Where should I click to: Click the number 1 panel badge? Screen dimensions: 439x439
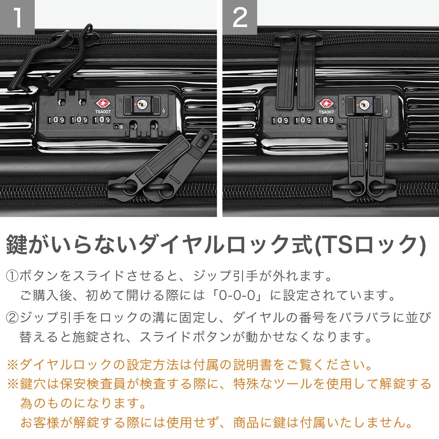pyautogui.click(x=17, y=17)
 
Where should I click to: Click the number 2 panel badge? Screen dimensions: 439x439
pyautogui.click(x=240, y=17)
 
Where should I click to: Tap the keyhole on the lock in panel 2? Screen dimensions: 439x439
pyautogui.click(x=364, y=105)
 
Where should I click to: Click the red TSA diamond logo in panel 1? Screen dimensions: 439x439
pyautogui.click(x=103, y=103)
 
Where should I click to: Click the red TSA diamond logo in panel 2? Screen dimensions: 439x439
pyautogui.click(x=326, y=103)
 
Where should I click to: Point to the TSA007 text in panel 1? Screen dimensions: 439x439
pyautogui.click(x=103, y=112)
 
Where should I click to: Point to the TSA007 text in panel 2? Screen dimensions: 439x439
pyautogui.click(x=326, y=112)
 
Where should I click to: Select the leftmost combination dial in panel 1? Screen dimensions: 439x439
pyautogui.click(x=56, y=120)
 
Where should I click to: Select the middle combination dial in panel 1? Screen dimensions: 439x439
pyautogui.click(x=79, y=120)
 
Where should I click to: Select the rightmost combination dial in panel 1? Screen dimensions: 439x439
pyautogui.click(x=102, y=120)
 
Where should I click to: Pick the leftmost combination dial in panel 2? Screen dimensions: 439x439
pyautogui.click(x=280, y=121)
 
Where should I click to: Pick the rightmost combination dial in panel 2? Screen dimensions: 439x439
pyautogui.click(x=325, y=121)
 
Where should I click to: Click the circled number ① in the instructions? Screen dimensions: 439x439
pyautogui.click(x=12, y=276)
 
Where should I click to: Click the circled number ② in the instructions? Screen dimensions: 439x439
pyautogui.click(x=12, y=318)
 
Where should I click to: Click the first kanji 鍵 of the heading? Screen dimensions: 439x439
pyautogui.click(x=16, y=245)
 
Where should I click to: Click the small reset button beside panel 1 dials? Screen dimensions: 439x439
pyautogui.click(x=117, y=126)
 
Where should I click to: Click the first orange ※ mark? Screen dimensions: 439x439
pyautogui.click(x=13, y=365)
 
